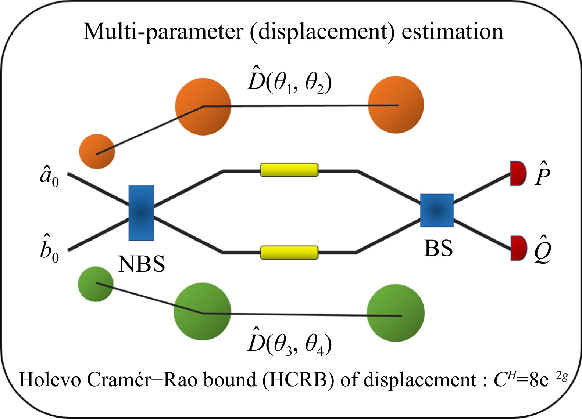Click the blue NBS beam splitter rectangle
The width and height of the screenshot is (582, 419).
[141, 213]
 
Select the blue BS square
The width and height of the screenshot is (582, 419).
[437, 210]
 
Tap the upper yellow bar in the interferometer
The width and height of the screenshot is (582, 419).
[289, 170]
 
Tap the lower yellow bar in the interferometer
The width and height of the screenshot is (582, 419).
[289, 253]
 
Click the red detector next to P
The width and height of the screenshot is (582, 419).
[518, 173]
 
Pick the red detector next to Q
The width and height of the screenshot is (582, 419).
[518, 248]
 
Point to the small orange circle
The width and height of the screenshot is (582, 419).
[97, 151]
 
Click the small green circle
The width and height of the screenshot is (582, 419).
[96, 284]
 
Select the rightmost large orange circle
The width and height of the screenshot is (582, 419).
[396, 105]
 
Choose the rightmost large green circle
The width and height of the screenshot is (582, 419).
[396, 313]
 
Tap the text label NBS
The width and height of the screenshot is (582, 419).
[142, 264]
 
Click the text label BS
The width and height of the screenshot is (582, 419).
[438, 248]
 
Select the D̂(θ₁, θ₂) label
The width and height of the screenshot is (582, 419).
[290, 80]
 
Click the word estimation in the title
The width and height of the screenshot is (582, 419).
[452, 32]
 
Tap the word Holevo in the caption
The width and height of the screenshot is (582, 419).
[50, 380]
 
